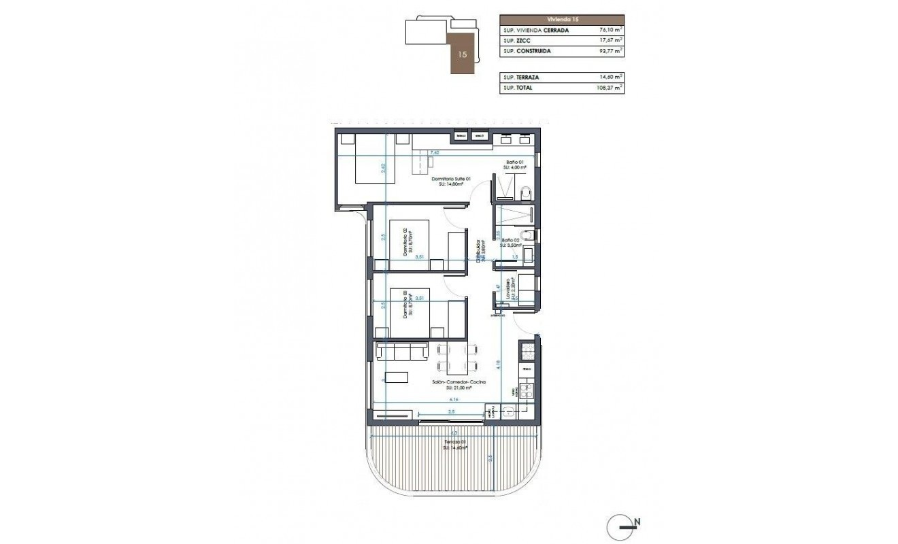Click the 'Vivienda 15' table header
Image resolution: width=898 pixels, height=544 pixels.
pyautogui.click(x=561, y=20)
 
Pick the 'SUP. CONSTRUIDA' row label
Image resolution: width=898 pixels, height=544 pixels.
pyautogui.click(x=527, y=51)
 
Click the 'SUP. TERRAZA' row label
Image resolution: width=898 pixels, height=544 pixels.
pyautogui.click(x=521, y=78)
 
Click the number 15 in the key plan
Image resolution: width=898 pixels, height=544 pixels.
pyautogui.click(x=463, y=54)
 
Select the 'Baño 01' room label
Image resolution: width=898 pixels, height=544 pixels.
pyautogui.click(x=512, y=163)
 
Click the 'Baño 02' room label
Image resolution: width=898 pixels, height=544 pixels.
pyautogui.click(x=511, y=241)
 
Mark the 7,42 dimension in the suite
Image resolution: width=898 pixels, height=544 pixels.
pyautogui.click(x=435, y=153)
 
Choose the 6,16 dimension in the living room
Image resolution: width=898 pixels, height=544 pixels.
pyautogui.click(x=444, y=401)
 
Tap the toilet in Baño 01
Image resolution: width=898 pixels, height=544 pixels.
pyautogui.click(x=523, y=196)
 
